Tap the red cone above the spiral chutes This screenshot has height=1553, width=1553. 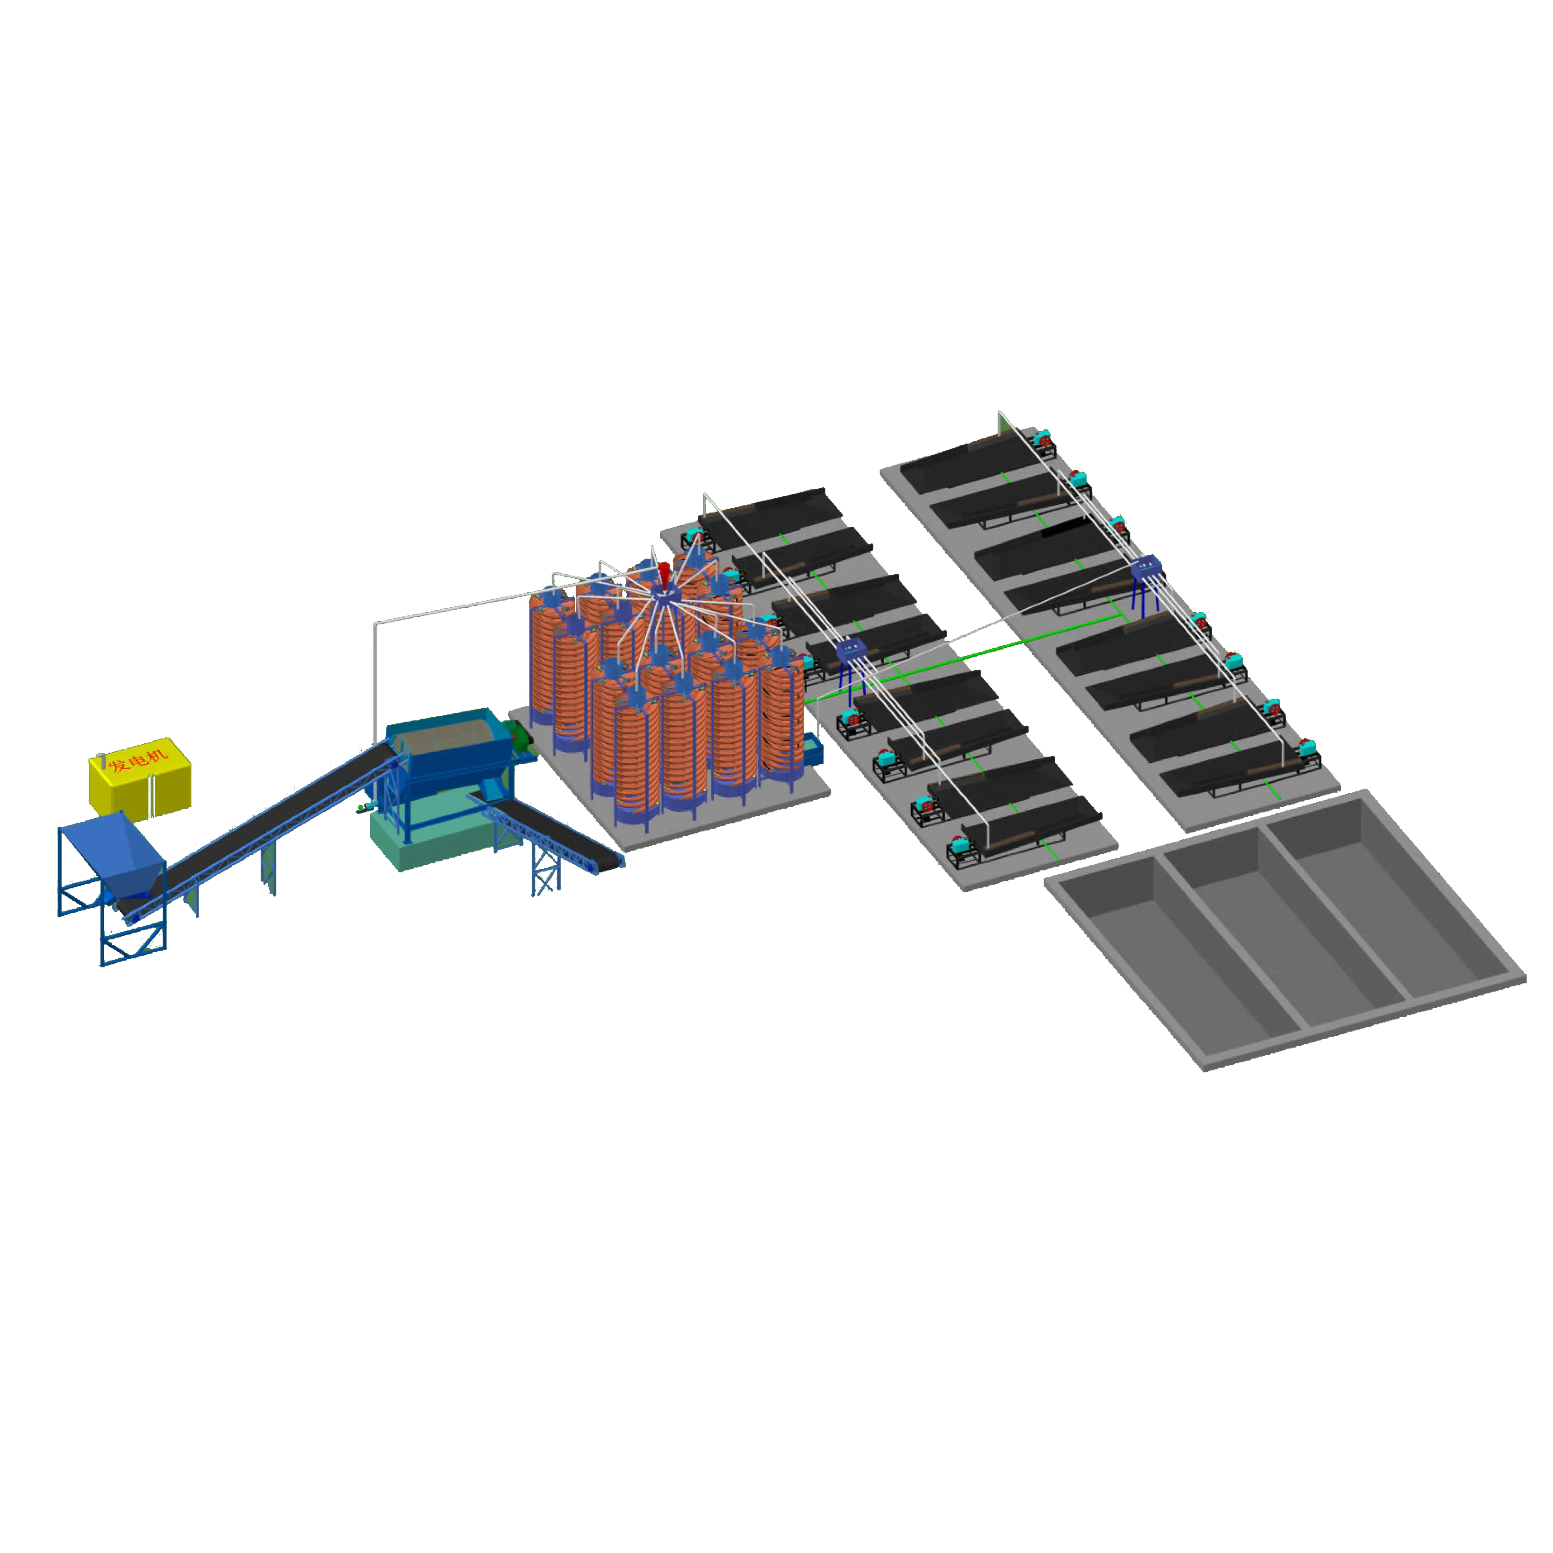point(664,572)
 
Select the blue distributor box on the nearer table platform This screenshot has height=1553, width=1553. point(850,651)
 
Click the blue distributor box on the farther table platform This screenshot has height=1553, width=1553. point(1145,568)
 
